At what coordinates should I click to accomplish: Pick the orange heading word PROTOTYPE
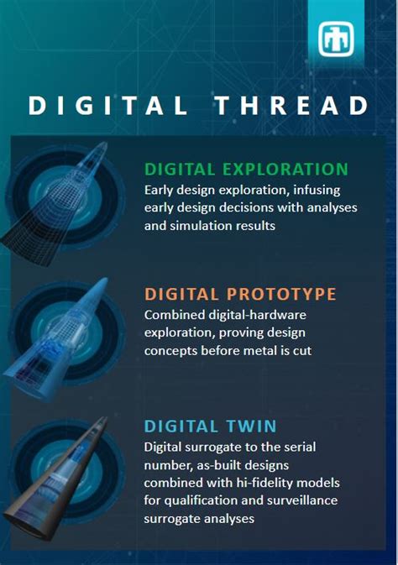coord(276,294)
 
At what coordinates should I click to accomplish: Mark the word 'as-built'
coord(239,464)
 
